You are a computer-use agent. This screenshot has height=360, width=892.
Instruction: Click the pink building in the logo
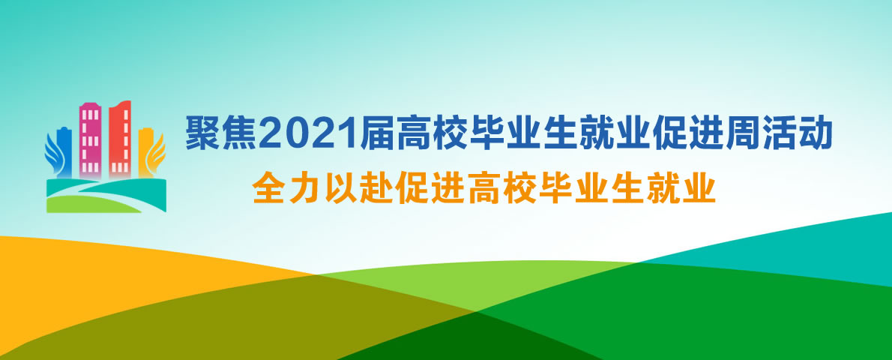(90, 139)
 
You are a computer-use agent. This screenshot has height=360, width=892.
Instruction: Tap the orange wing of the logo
(157, 152)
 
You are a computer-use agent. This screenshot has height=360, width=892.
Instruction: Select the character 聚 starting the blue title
(204, 133)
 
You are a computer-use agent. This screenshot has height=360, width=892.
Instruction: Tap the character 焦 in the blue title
(240, 133)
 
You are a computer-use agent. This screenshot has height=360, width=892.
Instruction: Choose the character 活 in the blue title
(779, 133)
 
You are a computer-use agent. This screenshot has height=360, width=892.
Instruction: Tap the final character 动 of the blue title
(816, 133)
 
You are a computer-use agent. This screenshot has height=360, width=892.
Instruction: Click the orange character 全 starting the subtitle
(268, 189)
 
